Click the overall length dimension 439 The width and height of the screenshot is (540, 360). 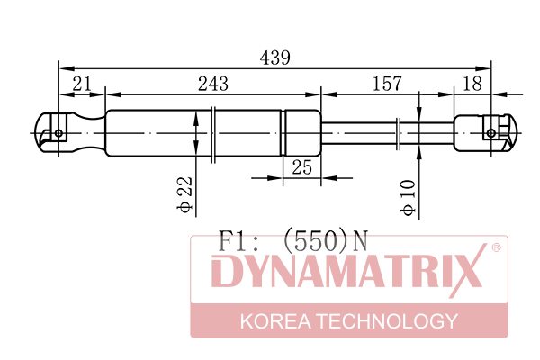(274, 57)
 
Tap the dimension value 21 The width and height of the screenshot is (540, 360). (82, 84)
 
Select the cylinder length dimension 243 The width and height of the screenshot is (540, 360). (212, 84)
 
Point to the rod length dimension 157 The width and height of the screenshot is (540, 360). (386, 84)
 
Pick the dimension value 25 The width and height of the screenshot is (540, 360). (302, 166)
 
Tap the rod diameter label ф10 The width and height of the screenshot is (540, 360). (408, 197)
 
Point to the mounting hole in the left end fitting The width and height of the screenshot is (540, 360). (59, 133)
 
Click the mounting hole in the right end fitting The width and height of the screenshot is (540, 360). (490, 133)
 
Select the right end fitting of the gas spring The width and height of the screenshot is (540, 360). (483, 133)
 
